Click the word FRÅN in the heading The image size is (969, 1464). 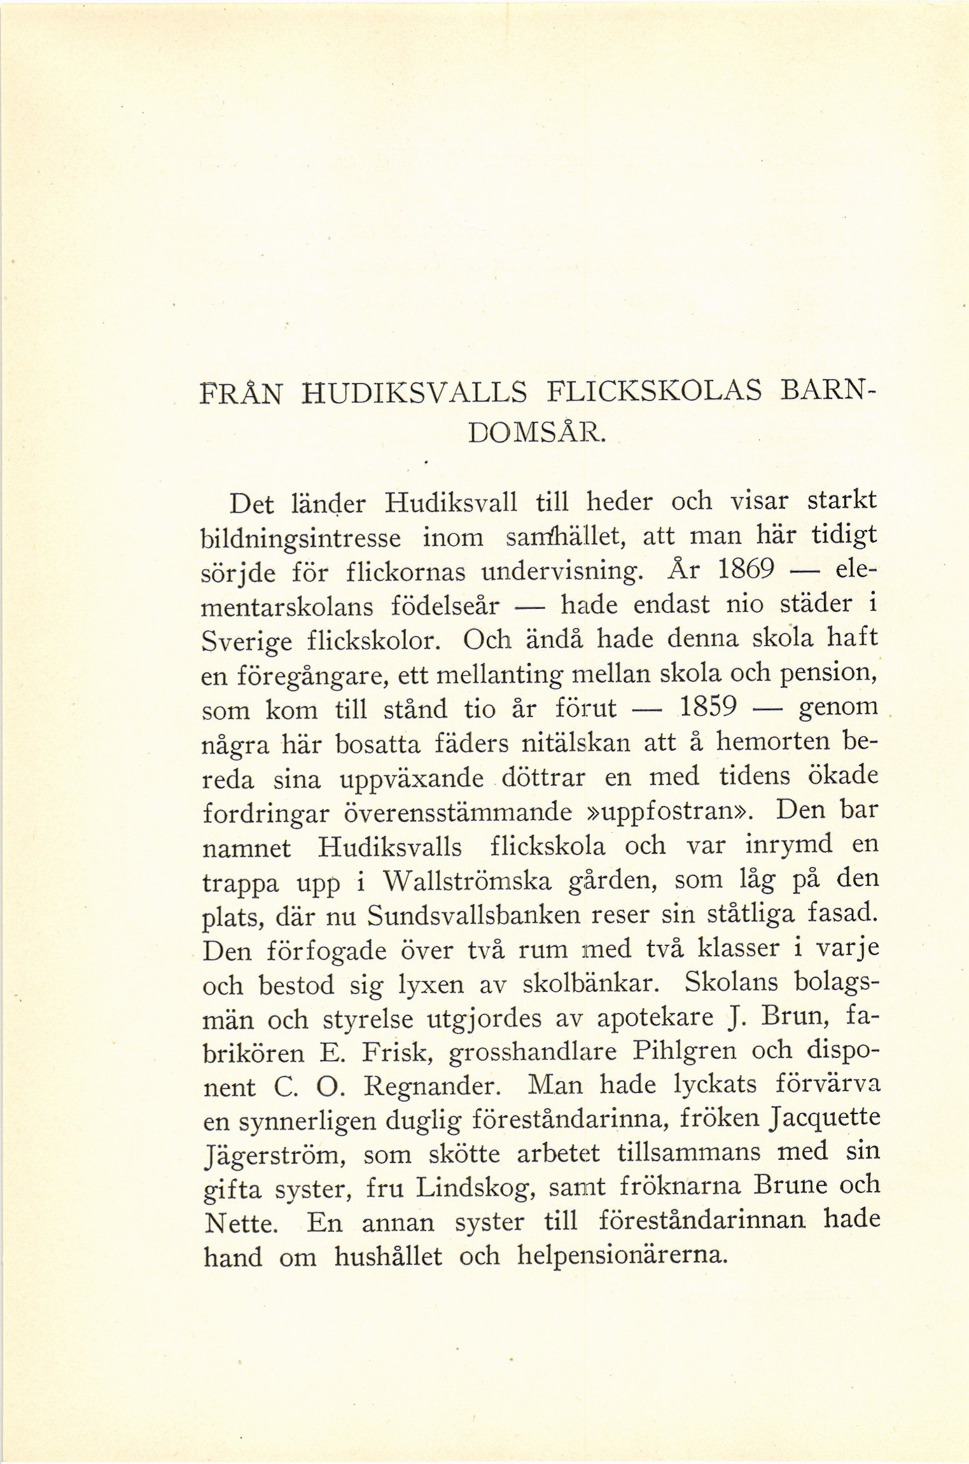pos(240,395)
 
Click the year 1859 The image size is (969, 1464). pos(708,706)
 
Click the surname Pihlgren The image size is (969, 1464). pos(684,1052)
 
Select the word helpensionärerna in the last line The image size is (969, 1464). pos(622,1257)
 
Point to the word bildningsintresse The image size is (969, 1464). pos(301,540)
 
